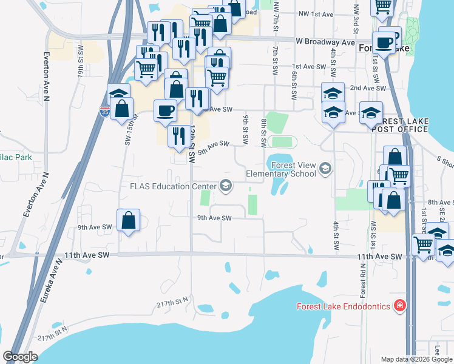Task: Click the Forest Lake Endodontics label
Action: click(x=343, y=306)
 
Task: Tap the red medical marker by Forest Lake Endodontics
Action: click(x=399, y=305)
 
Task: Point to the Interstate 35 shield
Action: click(x=104, y=111)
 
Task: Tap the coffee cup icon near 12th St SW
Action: click(x=165, y=110)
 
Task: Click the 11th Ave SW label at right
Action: click(x=380, y=257)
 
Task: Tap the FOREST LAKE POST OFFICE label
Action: click(x=395, y=125)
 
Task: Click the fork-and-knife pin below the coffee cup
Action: click(x=178, y=135)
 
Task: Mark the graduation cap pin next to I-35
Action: click(x=119, y=95)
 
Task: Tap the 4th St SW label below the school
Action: click(x=336, y=237)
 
